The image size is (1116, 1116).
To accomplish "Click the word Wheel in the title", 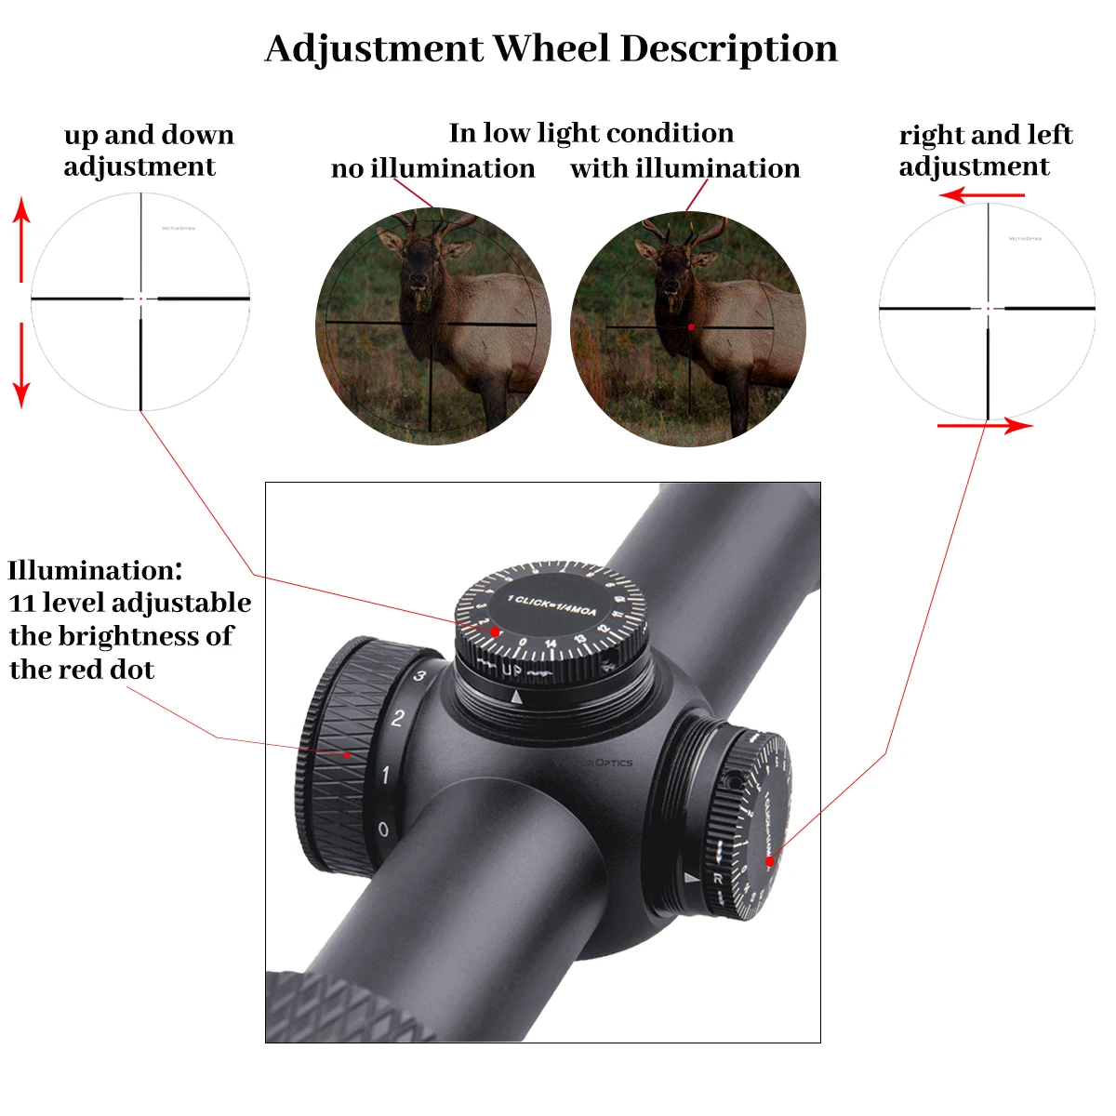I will pos(551,48).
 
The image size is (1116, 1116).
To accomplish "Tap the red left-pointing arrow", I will pos(981,195).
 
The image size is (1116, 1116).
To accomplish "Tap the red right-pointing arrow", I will pos(985,426).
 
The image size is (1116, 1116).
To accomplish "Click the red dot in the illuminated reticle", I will pos(691,327).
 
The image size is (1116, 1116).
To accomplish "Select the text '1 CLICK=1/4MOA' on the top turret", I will pos(552,605).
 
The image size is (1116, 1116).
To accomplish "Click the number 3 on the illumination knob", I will pos(419,676).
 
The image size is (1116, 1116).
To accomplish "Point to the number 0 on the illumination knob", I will pos(383,830).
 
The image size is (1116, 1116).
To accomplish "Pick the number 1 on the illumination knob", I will pos(386,774).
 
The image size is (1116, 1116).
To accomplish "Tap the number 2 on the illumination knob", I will pos(398,718).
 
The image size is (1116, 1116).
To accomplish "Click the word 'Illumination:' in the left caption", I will pos(95,570).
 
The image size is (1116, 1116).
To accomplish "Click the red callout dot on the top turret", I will pos(496,631).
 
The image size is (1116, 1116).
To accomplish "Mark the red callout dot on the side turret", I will pos(769,861).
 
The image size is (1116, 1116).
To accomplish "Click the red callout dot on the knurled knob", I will pos(348,755).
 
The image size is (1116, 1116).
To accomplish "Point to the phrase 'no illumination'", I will pos(432,168).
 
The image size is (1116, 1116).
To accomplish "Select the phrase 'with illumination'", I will pos(684,168).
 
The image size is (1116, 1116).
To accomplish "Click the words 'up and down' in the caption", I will pos(149,135).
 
